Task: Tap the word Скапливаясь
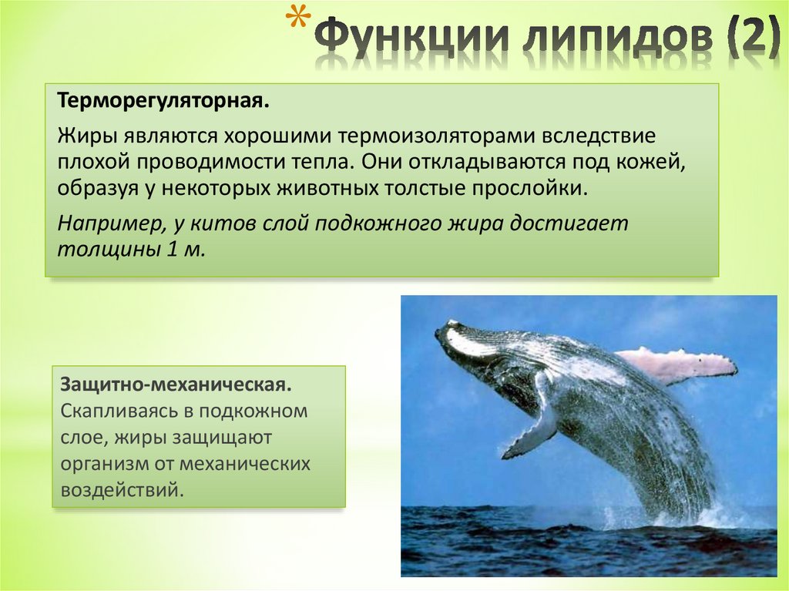(112, 411)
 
